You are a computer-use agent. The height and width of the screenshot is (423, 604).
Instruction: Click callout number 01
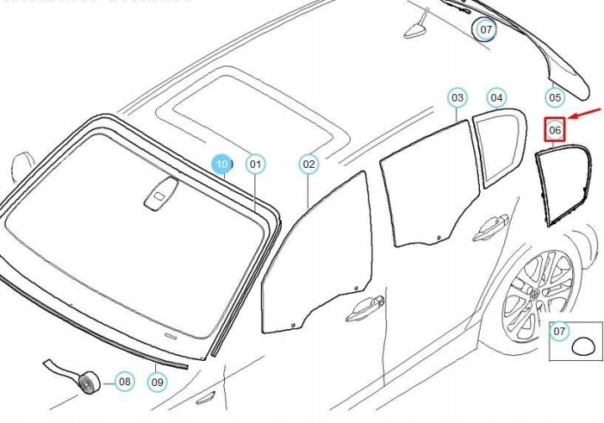tap(255, 164)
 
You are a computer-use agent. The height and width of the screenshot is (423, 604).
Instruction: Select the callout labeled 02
tap(309, 164)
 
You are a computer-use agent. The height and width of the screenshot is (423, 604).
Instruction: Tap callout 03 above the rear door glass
tap(457, 98)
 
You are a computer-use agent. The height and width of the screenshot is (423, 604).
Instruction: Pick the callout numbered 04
tap(497, 98)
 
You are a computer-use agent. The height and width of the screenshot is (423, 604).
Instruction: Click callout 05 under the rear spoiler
tap(555, 97)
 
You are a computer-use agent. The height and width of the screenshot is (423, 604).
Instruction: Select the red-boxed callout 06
tap(555, 130)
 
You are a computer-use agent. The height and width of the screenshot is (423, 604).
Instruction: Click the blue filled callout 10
tap(221, 164)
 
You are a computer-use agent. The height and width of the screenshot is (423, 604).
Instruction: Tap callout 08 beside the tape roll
tap(124, 382)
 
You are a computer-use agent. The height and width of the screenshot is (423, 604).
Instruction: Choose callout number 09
tap(157, 382)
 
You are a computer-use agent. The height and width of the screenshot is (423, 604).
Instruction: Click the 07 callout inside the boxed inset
tap(559, 331)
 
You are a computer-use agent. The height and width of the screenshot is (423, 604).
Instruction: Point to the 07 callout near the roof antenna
tap(486, 29)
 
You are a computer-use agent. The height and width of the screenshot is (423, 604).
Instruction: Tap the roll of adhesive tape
tap(90, 382)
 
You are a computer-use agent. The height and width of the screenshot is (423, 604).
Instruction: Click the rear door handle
tap(492, 227)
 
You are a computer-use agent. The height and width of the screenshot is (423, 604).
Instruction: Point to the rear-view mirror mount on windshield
tap(161, 194)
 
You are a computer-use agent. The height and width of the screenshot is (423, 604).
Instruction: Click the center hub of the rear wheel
tap(536, 295)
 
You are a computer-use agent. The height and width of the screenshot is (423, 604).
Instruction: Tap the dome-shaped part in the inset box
tap(584, 346)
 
